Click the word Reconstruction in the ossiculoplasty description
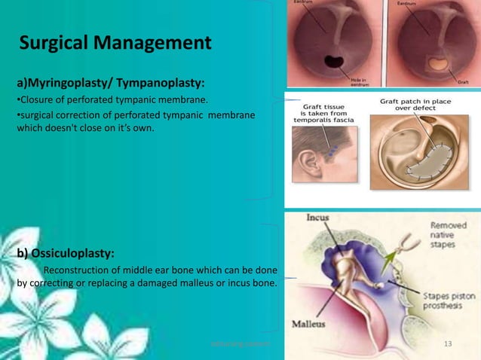pyautogui.click(x=80, y=270)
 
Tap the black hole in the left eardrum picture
pyautogui.click(x=332, y=61)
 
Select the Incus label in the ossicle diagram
pyautogui.click(x=318, y=218)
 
